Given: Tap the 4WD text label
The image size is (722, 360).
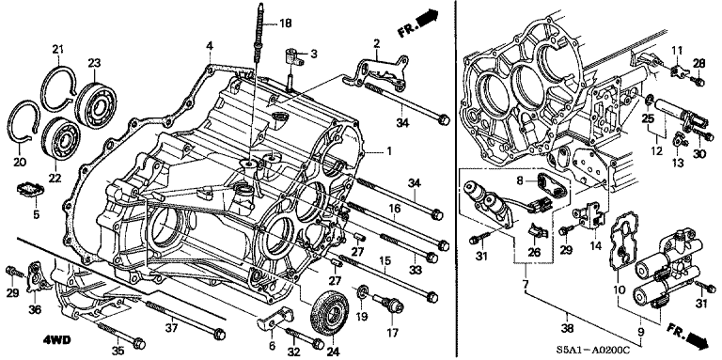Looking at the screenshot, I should point(31,340).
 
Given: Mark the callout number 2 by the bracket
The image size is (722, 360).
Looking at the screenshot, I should point(376,43).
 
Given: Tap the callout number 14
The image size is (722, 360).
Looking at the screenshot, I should point(595,247).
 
